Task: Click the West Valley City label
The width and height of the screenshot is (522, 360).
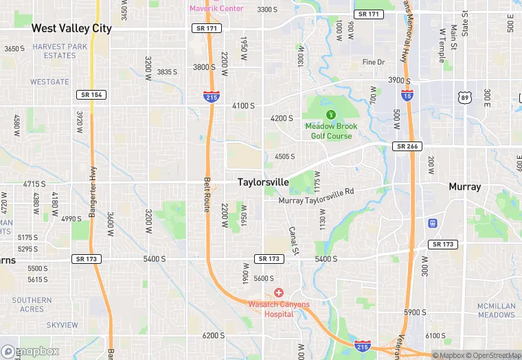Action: point(71,28)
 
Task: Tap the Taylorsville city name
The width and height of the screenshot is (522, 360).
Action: point(263,182)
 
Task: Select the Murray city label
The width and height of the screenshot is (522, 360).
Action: point(464,186)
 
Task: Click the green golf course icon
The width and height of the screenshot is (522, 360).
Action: point(330,113)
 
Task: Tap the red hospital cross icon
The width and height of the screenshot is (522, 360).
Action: point(278,293)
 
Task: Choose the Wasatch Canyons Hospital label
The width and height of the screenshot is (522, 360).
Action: point(278,309)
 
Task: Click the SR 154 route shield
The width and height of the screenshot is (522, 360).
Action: point(91,94)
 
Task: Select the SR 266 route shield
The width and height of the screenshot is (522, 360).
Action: point(408,146)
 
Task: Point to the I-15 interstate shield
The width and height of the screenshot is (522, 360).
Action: point(407,97)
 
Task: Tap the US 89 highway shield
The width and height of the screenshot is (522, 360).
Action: point(464,99)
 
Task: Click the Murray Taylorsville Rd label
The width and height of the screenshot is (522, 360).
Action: point(316,200)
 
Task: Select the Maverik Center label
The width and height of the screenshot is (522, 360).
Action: point(216,8)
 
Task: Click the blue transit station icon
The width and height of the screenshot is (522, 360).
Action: point(433,223)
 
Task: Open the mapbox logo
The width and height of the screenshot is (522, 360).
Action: point(31,351)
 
